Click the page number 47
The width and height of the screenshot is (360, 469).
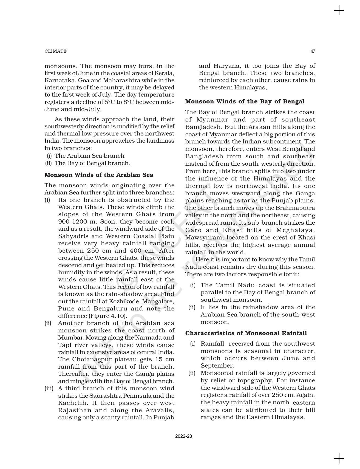(313, 51)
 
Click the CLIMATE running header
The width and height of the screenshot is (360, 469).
(55, 51)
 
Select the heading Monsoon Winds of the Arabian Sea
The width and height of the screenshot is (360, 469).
(99, 175)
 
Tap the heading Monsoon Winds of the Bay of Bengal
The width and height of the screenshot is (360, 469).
(245, 101)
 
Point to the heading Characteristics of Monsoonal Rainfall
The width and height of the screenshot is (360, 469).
(246, 333)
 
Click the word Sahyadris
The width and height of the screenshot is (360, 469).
(71, 236)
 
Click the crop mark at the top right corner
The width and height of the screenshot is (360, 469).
(339, 11)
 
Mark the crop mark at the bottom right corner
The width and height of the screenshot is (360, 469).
(339, 458)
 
